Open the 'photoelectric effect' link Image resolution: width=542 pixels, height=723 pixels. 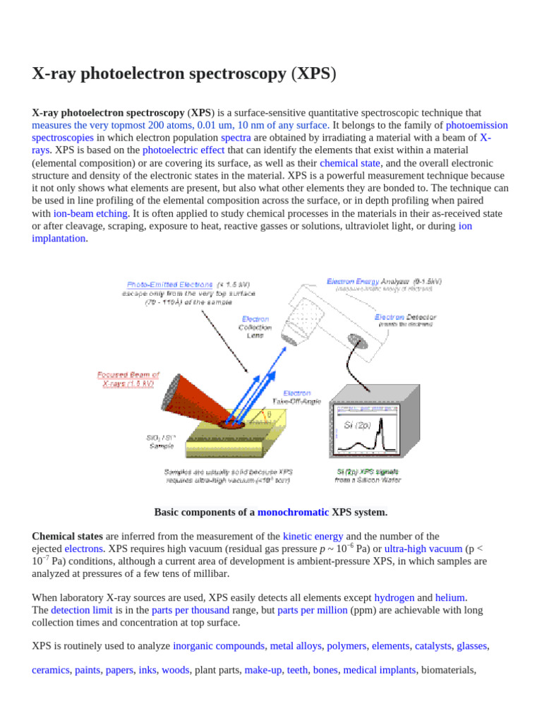click(x=183, y=150)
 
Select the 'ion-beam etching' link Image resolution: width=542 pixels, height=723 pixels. click(x=90, y=214)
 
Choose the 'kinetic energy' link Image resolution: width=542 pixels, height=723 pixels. click(x=313, y=537)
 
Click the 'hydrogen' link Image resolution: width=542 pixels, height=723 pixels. click(x=394, y=597)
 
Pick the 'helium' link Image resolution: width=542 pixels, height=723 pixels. click(x=450, y=597)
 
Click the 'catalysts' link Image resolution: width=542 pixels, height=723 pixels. click(x=433, y=646)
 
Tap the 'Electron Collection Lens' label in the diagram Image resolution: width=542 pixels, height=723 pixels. click(x=255, y=328)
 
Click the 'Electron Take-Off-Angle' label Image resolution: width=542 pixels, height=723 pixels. click(x=301, y=397)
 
